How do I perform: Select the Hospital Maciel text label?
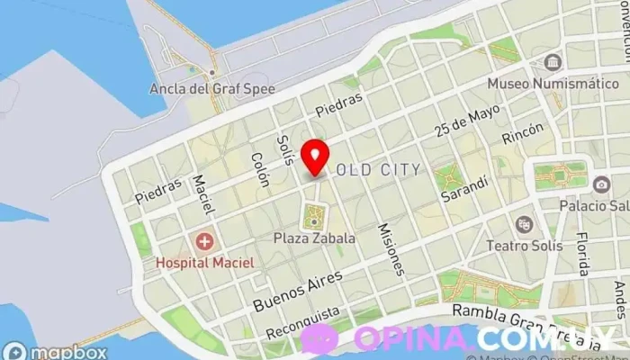coord(204,262)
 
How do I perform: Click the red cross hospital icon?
coord(204,241)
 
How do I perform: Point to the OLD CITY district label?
coord(378,169)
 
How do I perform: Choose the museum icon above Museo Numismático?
coord(552,63)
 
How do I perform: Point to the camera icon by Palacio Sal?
coord(601,184)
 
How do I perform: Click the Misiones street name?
coord(391,248)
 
